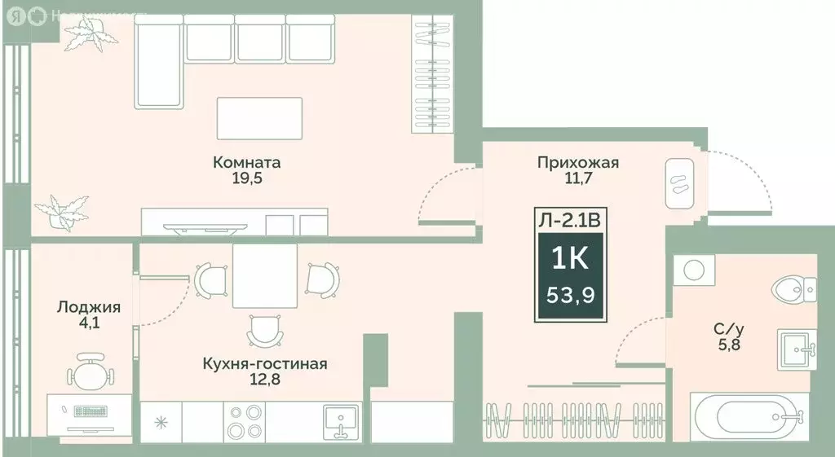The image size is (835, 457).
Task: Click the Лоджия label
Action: point(89,307)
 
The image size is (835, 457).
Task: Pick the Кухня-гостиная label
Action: point(264,363)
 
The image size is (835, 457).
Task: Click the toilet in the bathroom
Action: point(794,287)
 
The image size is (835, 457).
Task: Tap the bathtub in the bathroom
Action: point(749,417)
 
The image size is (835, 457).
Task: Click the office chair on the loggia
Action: point(89,371)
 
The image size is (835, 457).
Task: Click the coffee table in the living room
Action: point(259,118)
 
